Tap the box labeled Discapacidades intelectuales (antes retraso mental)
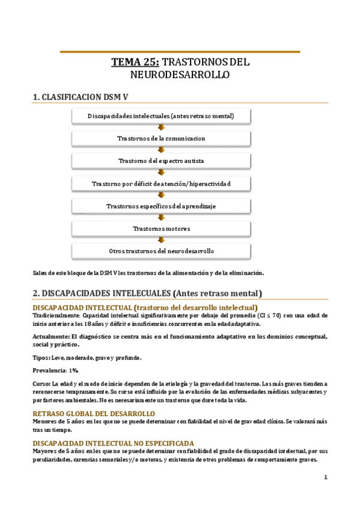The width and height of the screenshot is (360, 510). (160, 115)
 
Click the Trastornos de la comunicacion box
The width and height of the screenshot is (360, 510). (160, 138)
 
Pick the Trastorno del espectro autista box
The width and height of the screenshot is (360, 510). (160, 161)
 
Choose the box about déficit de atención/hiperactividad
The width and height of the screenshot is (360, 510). (160, 183)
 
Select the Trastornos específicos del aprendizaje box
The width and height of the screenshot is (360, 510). (160, 206)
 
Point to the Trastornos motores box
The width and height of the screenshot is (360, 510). (160, 229)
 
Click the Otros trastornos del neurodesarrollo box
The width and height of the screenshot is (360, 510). (160, 251)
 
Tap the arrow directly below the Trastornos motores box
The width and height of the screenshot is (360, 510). (160, 240)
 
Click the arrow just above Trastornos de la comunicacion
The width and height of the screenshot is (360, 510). (160, 127)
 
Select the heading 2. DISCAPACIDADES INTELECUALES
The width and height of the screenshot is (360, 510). (147, 294)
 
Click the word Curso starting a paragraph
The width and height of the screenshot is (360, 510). (40, 383)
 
